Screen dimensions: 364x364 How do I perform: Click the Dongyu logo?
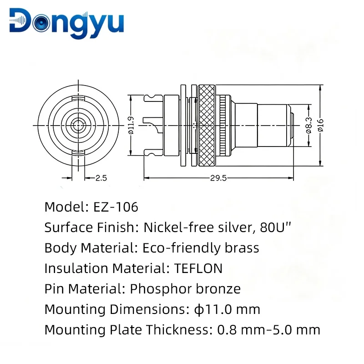click(66, 23)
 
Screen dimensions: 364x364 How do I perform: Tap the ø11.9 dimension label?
click(131, 126)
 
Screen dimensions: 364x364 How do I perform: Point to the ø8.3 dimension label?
click(309, 126)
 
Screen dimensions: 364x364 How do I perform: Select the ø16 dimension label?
click(321, 126)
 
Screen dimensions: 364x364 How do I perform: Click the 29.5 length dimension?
click(218, 178)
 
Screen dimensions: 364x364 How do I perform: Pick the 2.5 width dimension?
click(101, 178)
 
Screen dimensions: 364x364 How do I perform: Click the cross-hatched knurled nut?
click(207, 126)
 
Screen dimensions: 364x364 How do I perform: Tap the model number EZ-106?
click(116, 207)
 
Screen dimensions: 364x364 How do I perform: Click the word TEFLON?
click(198, 268)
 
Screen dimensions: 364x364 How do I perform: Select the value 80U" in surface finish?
click(276, 227)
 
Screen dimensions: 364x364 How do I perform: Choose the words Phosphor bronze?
click(185, 289)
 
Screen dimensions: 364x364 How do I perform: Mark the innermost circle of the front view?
click(78, 126)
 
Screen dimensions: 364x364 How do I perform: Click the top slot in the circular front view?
click(78, 98)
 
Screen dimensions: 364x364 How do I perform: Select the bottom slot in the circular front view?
click(78, 152)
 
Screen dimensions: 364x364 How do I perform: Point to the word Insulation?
click(76, 268)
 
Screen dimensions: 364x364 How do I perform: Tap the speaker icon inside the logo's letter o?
click(41, 23)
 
